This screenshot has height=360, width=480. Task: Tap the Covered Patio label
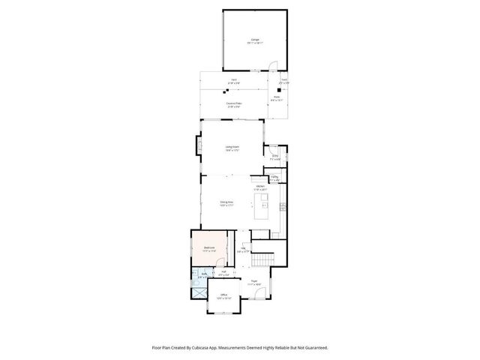233,103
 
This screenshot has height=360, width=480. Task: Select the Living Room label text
232,147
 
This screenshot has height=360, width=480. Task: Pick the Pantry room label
274,177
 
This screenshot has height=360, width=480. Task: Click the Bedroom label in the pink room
209,247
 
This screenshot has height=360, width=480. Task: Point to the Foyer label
254,280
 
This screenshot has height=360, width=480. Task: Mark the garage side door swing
273,66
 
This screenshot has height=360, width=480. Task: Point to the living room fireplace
199,143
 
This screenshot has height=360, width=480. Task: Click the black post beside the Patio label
279,91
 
